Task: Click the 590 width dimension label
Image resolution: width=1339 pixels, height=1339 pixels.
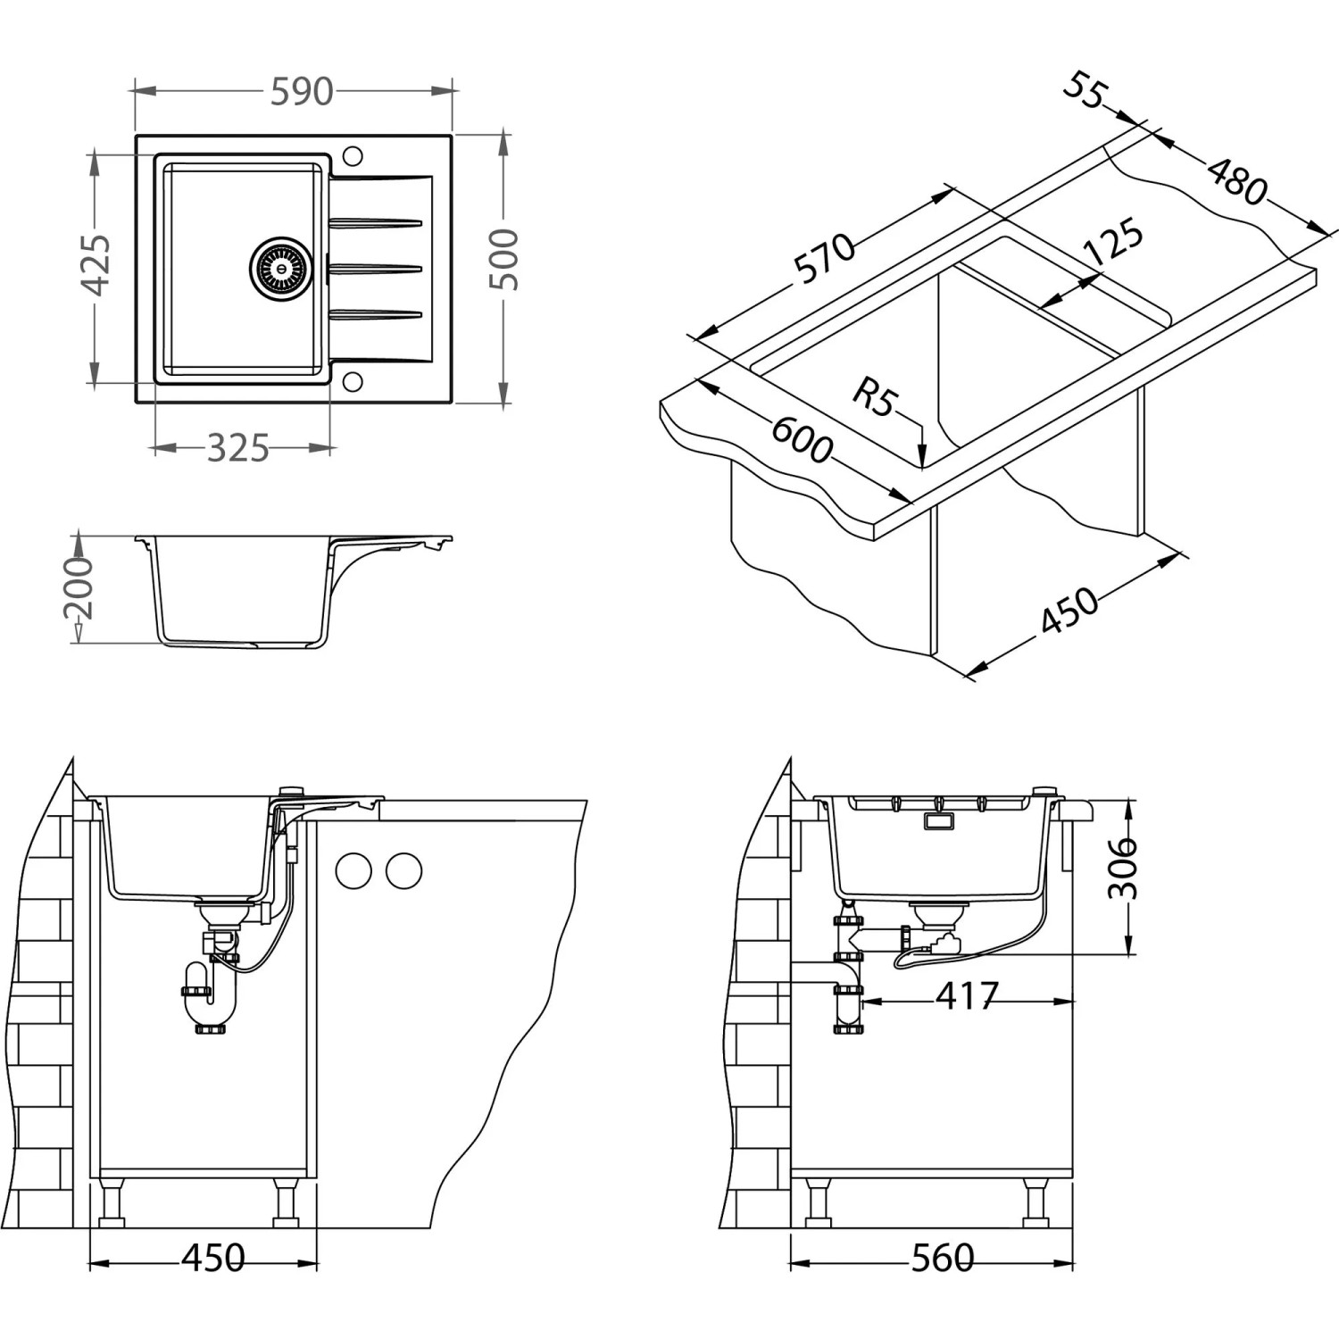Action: click(x=301, y=92)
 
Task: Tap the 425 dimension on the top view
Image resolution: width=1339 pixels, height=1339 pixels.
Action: click(x=96, y=265)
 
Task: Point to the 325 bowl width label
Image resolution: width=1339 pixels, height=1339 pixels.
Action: click(x=237, y=448)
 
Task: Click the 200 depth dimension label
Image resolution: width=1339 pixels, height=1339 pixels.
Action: click(x=79, y=588)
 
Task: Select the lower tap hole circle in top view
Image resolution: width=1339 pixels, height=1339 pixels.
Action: click(x=352, y=381)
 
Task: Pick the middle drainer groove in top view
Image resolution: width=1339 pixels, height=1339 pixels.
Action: click(x=375, y=265)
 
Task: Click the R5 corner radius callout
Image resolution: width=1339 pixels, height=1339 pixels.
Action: click(x=872, y=397)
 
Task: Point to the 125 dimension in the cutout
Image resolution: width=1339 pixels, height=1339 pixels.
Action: click(x=1112, y=242)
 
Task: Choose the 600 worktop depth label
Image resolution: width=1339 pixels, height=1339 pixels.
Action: click(x=801, y=438)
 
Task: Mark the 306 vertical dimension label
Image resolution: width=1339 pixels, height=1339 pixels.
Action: click(x=1123, y=869)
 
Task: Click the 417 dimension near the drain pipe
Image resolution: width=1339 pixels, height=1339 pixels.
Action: click(x=967, y=995)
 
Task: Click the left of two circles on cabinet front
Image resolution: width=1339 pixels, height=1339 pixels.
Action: click(x=353, y=869)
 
